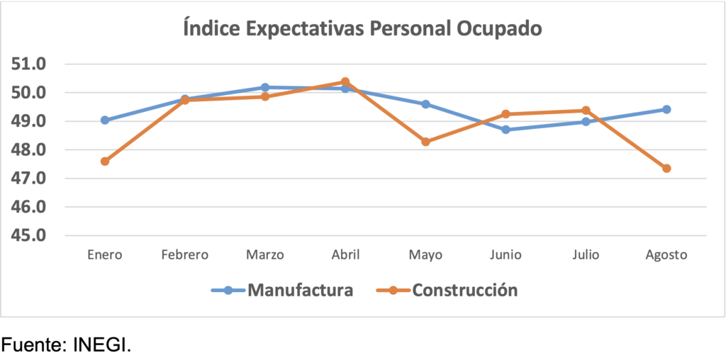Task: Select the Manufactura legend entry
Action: [x=299, y=290]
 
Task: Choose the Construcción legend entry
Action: [x=464, y=290]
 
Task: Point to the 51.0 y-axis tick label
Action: [x=29, y=64]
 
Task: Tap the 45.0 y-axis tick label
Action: [x=29, y=235]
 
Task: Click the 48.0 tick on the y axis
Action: [x=29, y=150]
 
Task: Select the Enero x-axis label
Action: [x=105, y=255]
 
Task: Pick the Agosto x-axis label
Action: [x=666, y=255]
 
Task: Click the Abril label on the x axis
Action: [x=345, y=255]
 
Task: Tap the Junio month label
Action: [x=506, y=255]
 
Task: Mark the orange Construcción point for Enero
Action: [x=105, y=162]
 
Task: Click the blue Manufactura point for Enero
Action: [x=105, y=120]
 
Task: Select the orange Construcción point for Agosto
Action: [x=666, y=169]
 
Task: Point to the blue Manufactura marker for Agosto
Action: [x=666, y=109]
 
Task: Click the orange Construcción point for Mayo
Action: [x=425, y=142]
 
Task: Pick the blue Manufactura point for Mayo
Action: [x=425, y=104]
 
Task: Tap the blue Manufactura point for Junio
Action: [x=506, y=130]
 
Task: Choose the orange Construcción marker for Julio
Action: [x=586, y=111]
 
